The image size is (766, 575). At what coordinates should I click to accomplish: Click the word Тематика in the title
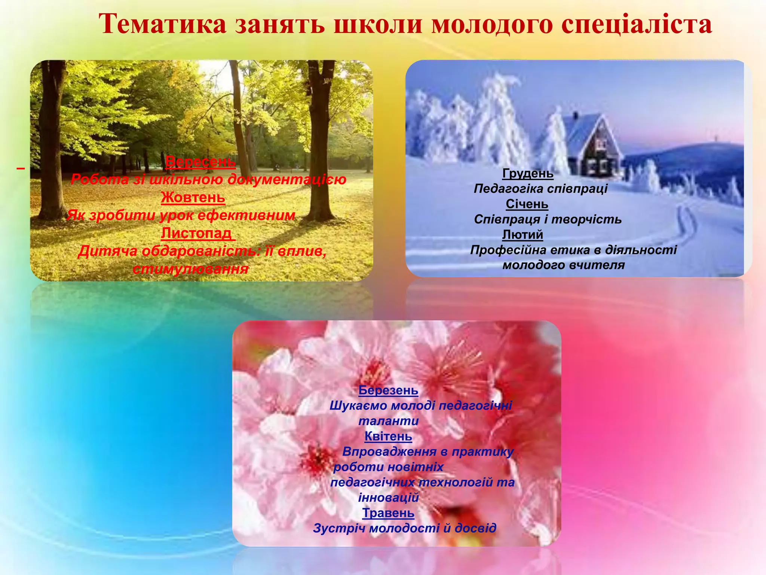pos(163,24)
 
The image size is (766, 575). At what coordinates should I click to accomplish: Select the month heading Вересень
pos(200,162)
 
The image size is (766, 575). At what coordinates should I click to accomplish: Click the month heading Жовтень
pos(193,197)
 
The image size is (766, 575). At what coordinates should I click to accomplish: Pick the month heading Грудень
pos(528,173)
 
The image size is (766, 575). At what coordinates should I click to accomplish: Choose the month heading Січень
pos(527,204)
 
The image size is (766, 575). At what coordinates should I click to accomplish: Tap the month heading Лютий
pos(523,235)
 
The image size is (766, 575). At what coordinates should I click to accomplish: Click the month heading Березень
pos(388,390)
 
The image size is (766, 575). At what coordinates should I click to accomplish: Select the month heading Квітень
pos(388,436)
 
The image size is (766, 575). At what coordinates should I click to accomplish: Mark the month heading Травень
pos(388,513)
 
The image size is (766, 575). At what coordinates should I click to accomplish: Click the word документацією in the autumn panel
pos(287,179)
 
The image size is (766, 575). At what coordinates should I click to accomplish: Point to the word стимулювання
pos(190,269)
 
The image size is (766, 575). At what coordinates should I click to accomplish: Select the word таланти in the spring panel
pos(388,421)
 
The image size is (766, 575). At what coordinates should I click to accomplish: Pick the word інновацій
pos(388,498)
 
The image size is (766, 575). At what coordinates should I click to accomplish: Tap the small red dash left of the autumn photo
pos(21,169)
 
